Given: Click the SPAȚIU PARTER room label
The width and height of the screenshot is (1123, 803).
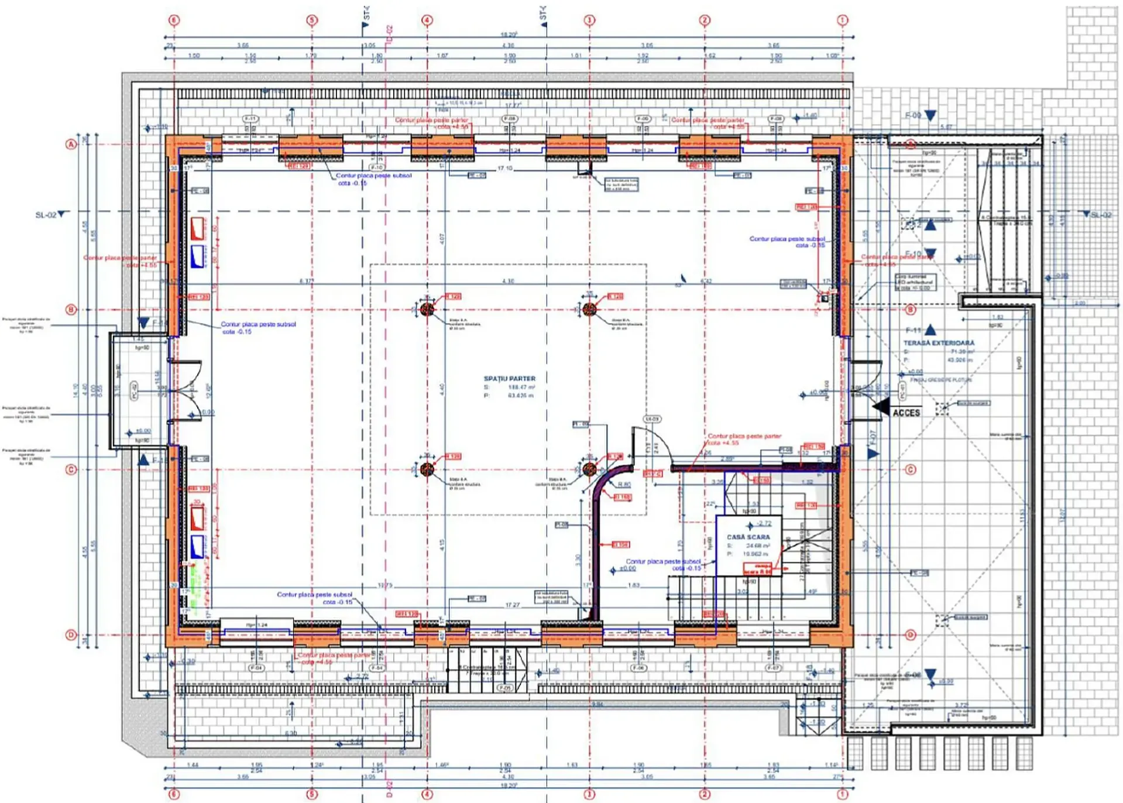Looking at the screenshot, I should pyautogui.click(x=509, y=379).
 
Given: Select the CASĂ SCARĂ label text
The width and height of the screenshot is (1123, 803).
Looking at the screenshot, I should pyautogui.click(x=748, y=537).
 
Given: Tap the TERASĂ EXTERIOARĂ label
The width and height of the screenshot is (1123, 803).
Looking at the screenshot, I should pyautogui.click(x=939, y=343).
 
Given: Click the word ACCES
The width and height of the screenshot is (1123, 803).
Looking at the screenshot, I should pyautogui.click(x=906, y=413).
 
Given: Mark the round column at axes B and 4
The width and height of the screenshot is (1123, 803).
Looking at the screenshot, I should pyautogui.click(x=427, y=309).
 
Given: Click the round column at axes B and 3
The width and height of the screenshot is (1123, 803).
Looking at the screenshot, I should pyautogui.click(x=589, y=309).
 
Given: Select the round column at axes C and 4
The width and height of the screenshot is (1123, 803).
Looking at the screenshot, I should pyautogui.click(x=427, y=469).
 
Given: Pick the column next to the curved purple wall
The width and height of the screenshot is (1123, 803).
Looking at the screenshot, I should pyautogui.click(x=589, y=469).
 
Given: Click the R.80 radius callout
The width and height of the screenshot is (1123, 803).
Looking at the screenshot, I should pyautogui.click(x=624, y=485).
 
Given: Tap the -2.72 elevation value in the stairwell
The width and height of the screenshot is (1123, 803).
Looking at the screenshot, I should pyautogui.click(x=764, y=523).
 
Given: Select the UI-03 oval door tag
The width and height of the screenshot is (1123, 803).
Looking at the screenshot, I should pyautogui.click(x=652, y=419).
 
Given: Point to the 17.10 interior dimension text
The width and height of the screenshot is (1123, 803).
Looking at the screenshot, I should pyautogui.click(x=504, y=168).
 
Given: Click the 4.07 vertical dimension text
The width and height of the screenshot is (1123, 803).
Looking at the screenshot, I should pyautogui.click(x=442, y=239).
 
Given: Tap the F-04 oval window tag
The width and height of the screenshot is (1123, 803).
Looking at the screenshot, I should pyautogui.click(x=256, y=668).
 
